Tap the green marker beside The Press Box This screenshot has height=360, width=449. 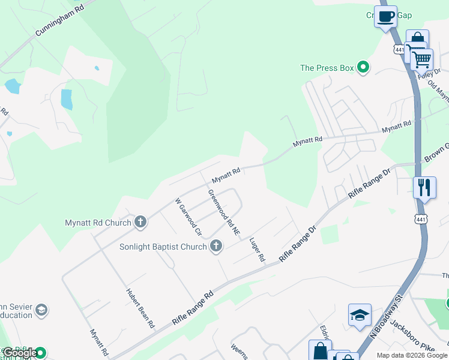click(363, 68)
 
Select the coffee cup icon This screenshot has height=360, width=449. click(385, 16)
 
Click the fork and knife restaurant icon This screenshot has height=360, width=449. click(424, 187)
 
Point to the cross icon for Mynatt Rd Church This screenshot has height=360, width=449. click(140, 223)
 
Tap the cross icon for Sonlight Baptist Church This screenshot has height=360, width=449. click(215, 246)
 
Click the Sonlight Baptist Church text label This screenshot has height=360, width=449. click(162, 247)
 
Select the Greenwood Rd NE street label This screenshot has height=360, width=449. click(224, 212)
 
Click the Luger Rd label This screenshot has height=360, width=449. click(257, 248)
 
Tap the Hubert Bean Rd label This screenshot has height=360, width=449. click(140, 308)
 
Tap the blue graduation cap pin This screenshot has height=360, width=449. click(360, 314)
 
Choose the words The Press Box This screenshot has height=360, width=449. click(327, 68)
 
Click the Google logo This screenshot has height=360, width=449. click(20, 353)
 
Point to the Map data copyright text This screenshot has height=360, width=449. click(412, 355)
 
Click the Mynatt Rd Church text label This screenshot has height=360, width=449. click(98, 223)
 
